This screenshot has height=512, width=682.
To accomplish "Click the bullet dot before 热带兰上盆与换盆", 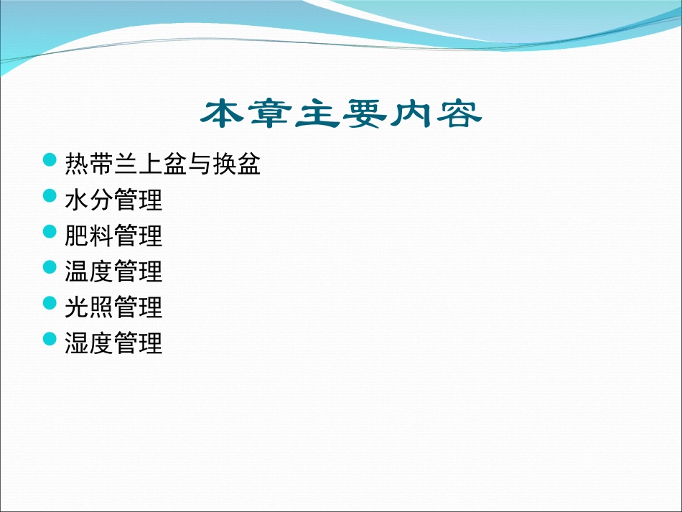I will pos(50,159).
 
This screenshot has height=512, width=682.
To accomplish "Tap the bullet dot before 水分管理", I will pos(50,195).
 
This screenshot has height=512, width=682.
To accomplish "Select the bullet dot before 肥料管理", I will pos(50,231).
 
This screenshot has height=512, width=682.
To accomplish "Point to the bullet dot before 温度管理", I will pos(50,267).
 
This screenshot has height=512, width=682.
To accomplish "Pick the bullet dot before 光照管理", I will pos(50,303).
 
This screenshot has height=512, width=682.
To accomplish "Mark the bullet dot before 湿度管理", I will pos(50,339).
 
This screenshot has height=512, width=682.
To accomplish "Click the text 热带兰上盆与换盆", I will pos(162,164).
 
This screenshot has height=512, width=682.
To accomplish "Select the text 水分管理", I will pos(113,200).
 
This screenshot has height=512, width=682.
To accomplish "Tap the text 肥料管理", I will pos(113,236).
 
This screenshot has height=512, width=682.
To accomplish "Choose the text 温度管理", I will pos(113,272).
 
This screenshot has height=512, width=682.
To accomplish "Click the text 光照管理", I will pos(113,308).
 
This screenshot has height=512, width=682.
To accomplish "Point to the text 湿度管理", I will pos(113,344).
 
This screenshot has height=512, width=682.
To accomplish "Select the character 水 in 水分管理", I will pos(77,200).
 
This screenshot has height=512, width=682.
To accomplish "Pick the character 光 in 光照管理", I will pos(77,308).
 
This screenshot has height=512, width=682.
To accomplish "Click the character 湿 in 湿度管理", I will pos(77,344).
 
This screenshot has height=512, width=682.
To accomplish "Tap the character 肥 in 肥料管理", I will pos(77,236).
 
